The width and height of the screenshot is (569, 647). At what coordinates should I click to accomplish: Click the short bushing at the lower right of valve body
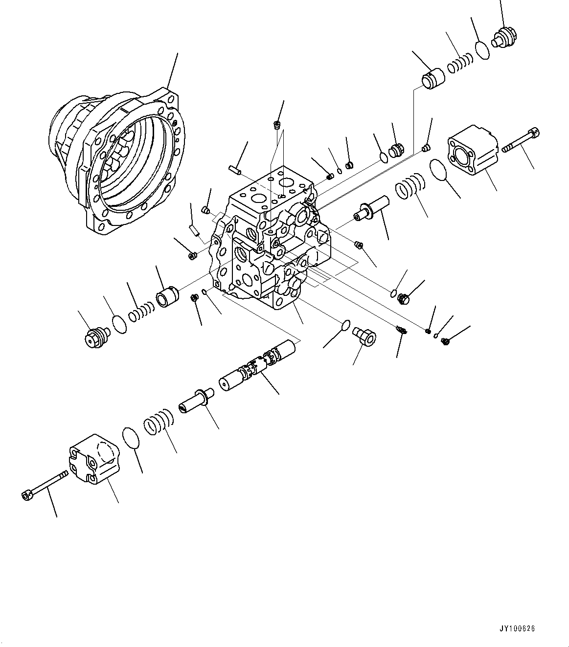point(364,336)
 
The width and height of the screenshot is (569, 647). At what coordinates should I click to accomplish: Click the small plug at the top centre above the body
point(277,124)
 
